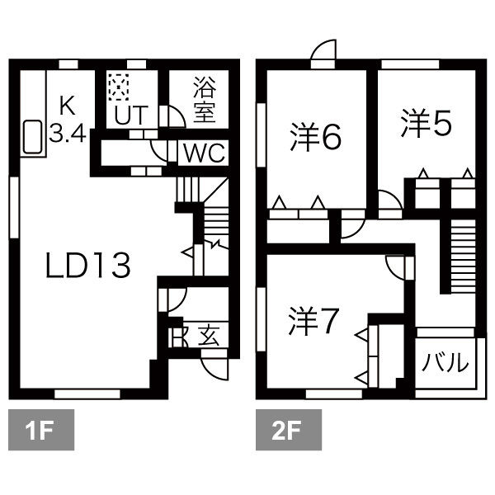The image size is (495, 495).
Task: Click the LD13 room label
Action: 87,266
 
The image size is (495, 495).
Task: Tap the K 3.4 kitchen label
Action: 68,120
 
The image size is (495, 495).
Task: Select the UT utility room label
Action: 131,115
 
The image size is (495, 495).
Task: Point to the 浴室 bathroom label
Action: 205,100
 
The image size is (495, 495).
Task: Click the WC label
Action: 205,153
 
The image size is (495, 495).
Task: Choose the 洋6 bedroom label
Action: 316,137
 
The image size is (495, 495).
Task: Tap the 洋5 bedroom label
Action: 427,123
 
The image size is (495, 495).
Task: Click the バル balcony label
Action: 445,362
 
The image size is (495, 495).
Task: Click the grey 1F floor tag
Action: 41,430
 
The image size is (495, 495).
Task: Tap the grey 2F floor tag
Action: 289,430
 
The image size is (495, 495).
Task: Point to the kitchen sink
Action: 32,137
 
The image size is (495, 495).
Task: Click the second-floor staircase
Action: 463,256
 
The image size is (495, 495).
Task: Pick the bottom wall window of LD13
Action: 87,394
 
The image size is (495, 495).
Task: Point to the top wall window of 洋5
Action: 410,64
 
